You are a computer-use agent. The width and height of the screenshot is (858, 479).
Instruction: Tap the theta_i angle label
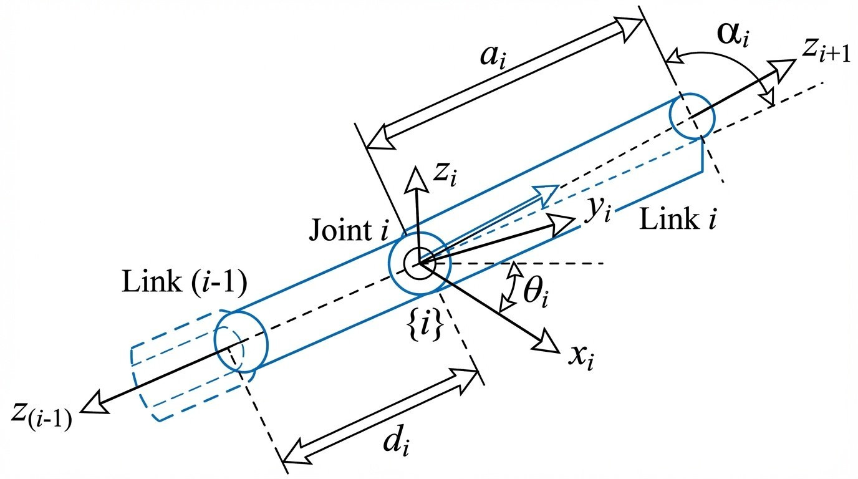coord(535,293)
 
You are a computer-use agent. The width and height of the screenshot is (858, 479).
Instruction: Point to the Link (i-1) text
coord(185,284)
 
